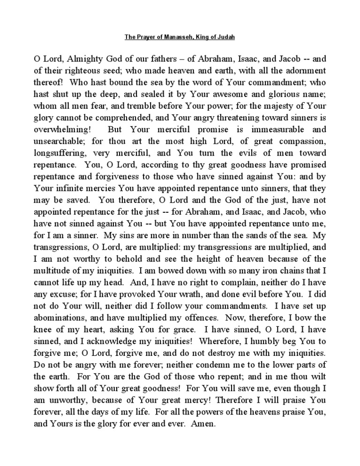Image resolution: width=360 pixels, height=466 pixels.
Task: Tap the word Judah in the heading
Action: click(234, 37)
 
